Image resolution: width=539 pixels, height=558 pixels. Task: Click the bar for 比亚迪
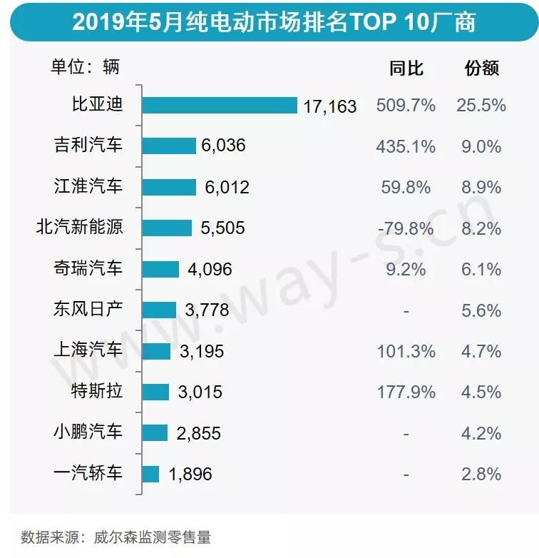coord(219,105)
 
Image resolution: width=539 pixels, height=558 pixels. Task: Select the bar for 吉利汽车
coord(168,146)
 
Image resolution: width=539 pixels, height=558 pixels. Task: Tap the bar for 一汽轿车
coord(150,474)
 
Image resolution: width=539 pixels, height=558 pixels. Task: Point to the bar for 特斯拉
coord(155,392)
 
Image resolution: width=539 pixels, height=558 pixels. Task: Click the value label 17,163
coord(329,106)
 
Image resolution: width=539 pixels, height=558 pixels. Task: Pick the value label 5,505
coord(222,228)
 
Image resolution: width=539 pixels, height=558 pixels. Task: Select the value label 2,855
coord(198,433)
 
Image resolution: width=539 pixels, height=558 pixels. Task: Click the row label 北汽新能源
coord(79,228)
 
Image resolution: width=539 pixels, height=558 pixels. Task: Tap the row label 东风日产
coord(88,310)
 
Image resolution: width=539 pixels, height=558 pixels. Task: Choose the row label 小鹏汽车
coord(88,432)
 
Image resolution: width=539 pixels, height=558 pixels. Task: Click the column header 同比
coord(406,69)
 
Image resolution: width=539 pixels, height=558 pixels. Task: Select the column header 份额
coord(481,69)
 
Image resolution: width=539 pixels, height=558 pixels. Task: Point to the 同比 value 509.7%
coord(406,106)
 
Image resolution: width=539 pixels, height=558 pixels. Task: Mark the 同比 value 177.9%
coord(406,392)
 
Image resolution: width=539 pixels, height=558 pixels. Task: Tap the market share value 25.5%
coord(481,106)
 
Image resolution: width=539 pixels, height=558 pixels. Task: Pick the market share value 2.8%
coord(481,474)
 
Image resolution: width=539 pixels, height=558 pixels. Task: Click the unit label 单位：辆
coord(85,68)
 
